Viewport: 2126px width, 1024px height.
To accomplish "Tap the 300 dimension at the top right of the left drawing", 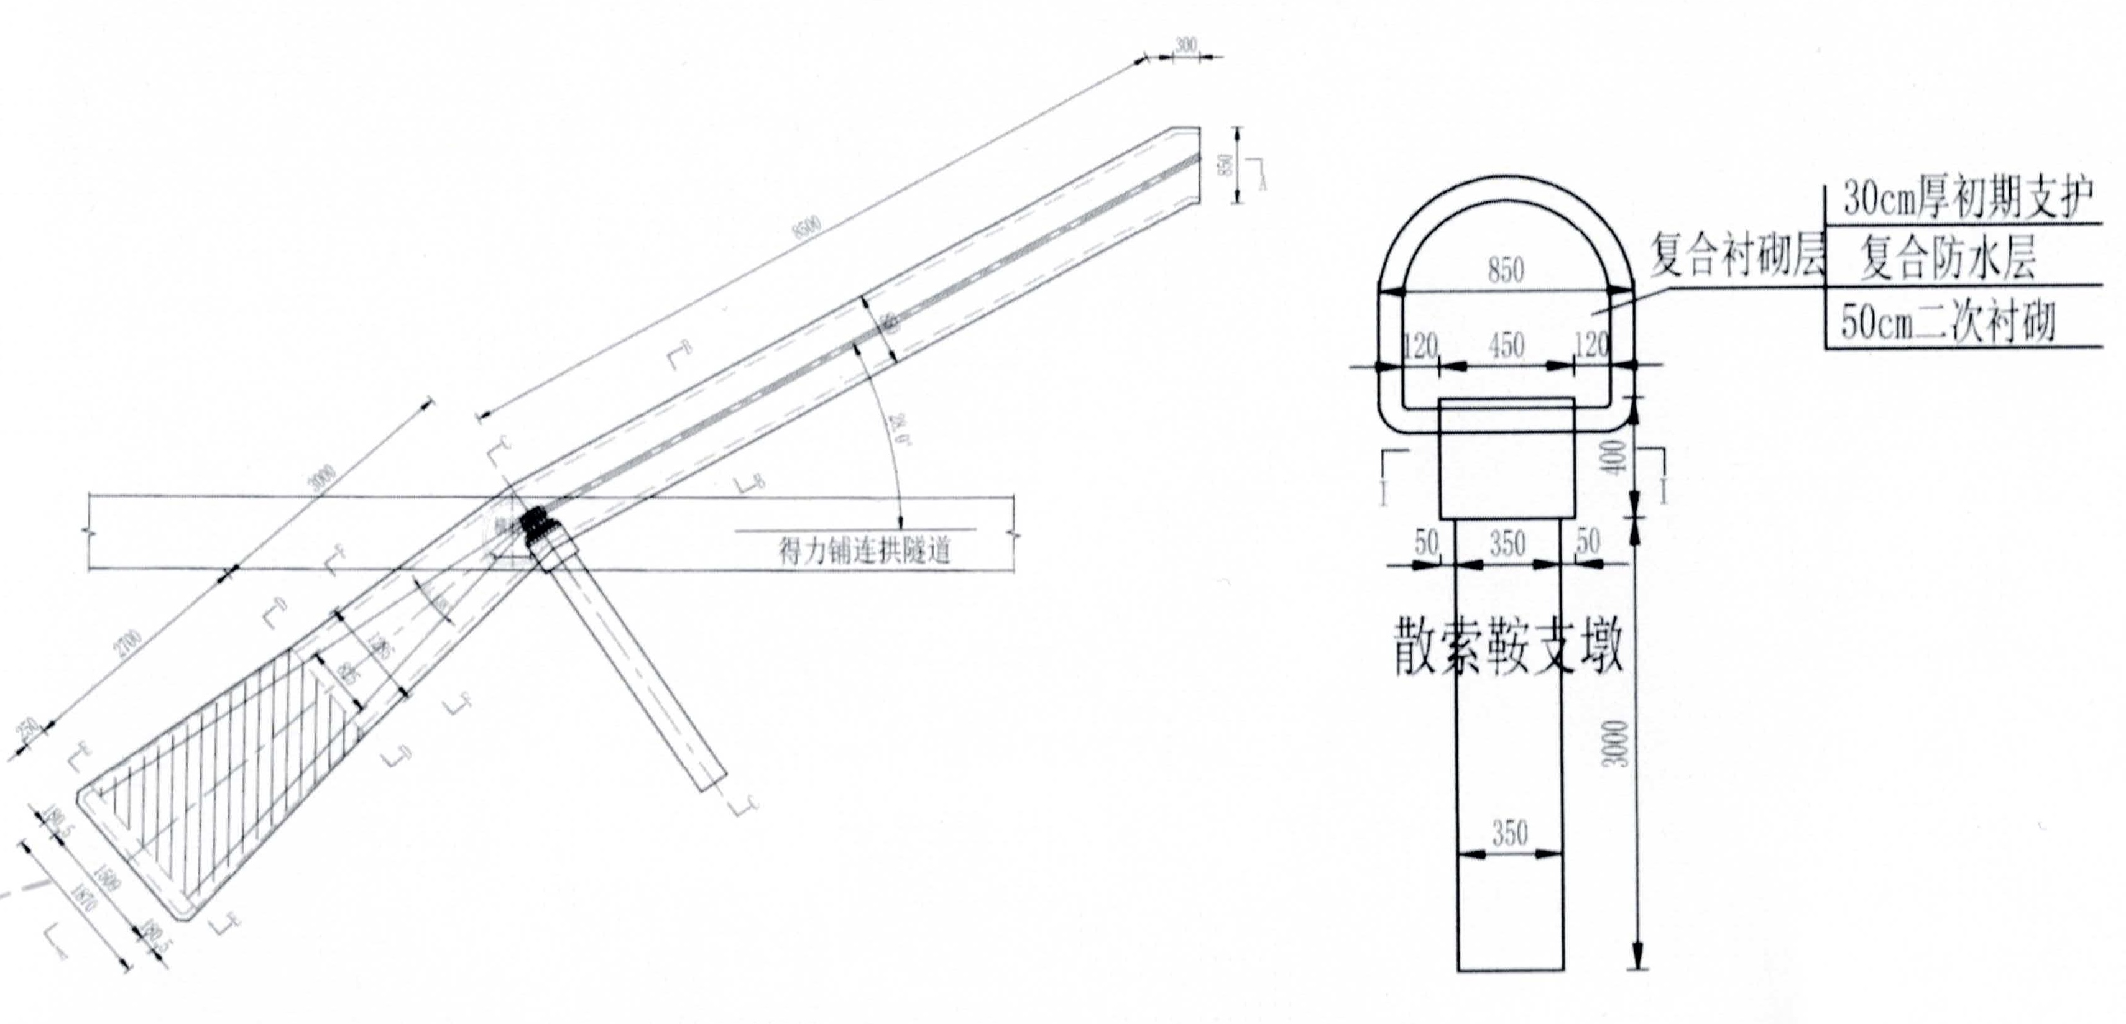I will pos(1185,45).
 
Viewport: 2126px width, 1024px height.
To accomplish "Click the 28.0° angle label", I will pos(900,430).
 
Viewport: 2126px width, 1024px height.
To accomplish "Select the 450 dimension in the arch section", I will pos(1506,345).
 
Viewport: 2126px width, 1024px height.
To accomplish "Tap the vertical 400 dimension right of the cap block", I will pos(1616,456).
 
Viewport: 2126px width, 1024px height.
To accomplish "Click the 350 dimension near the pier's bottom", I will pos(1509,833).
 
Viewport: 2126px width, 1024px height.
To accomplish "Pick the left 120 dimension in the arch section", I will pos(1420,345).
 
